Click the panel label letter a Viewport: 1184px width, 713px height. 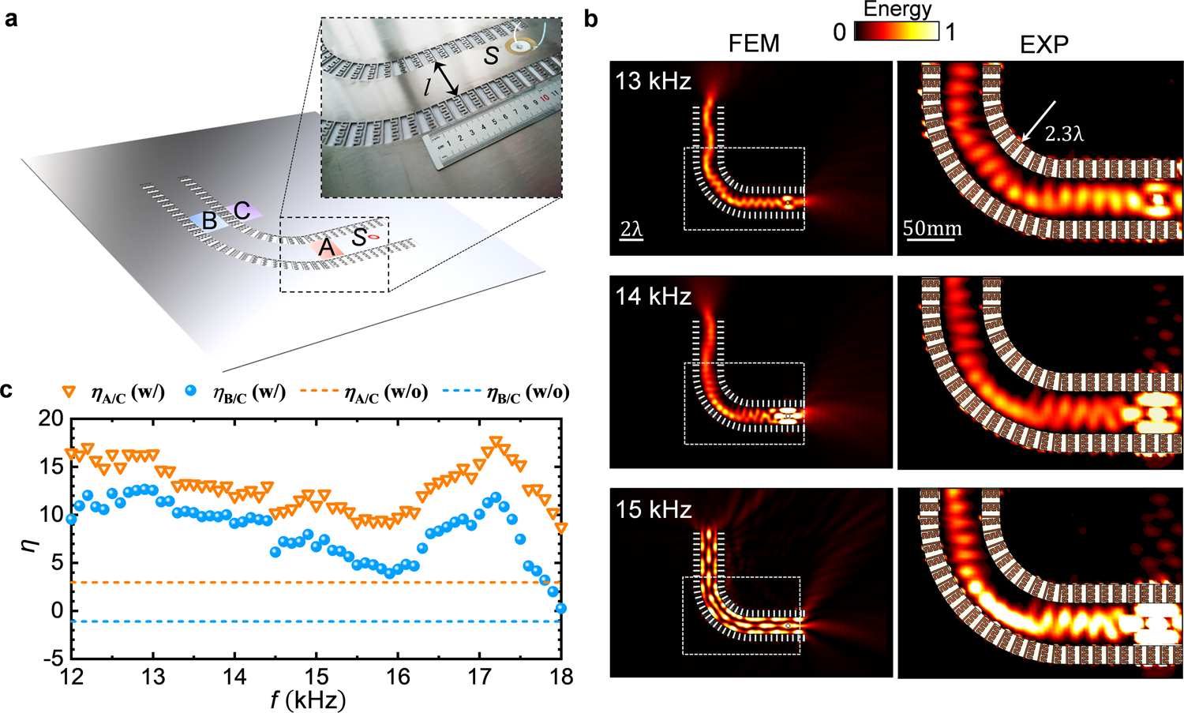click(x=11, y=18)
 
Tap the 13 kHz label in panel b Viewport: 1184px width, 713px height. click(x=653, y=81)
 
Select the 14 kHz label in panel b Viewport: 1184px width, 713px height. click(x=653, y=295)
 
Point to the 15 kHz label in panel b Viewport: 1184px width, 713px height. click(x=653, y=509)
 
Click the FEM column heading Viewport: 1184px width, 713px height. click(x=754, y=44)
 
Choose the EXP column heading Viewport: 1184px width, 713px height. click(x=1043, y=44)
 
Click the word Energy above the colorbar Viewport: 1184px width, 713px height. click(x=897, y=9)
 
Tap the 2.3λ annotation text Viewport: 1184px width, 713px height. click(x=1064, y=134)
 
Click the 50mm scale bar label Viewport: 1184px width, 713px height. click(x=932, y=229)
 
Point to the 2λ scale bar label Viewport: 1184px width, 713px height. click(x=631, y=230)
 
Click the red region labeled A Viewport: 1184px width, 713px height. click(x=325, y=248)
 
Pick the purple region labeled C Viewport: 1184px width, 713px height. click(x=242, y=210)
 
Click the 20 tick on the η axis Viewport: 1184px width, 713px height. click(x=51, y=418)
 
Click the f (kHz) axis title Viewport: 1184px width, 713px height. click(x=308, y=700)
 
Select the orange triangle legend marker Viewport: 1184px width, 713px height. click(x=69, y=392)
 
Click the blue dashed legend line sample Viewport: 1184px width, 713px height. click(x=459, y=392)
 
